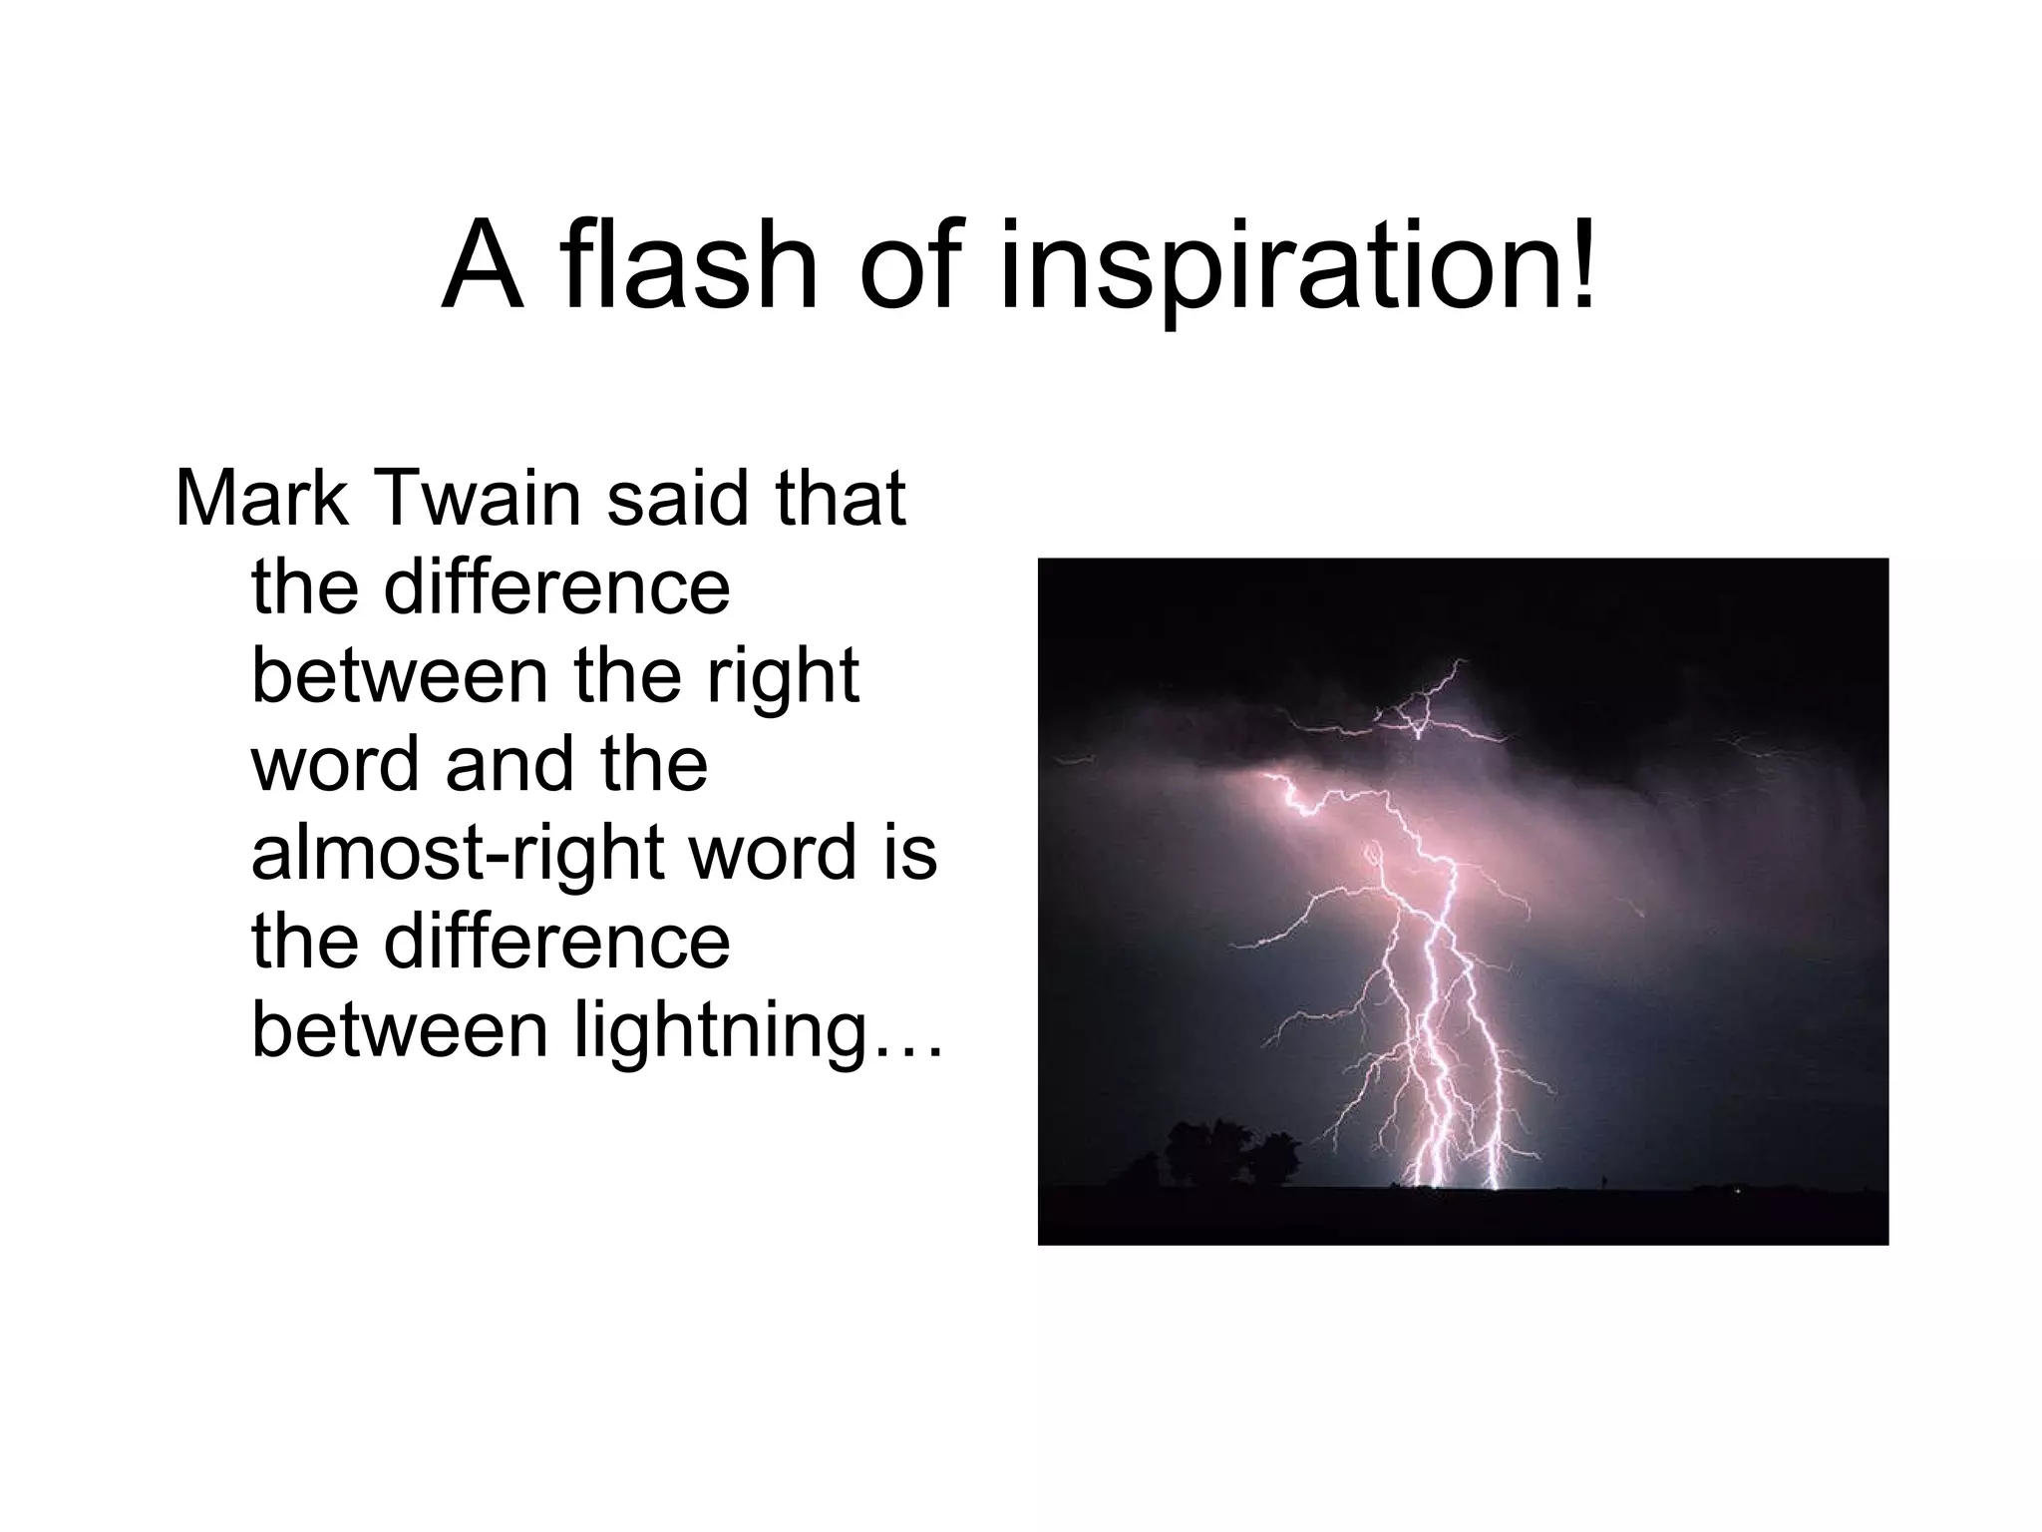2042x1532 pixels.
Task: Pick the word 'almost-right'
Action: [x=463, y=854]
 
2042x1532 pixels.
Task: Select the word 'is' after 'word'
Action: [x=908, y=854]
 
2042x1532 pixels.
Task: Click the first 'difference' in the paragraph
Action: [x=556, y=587]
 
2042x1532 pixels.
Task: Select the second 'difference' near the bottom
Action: [x=556, y=941]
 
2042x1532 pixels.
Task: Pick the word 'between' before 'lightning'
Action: [x=399, y=1030]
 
